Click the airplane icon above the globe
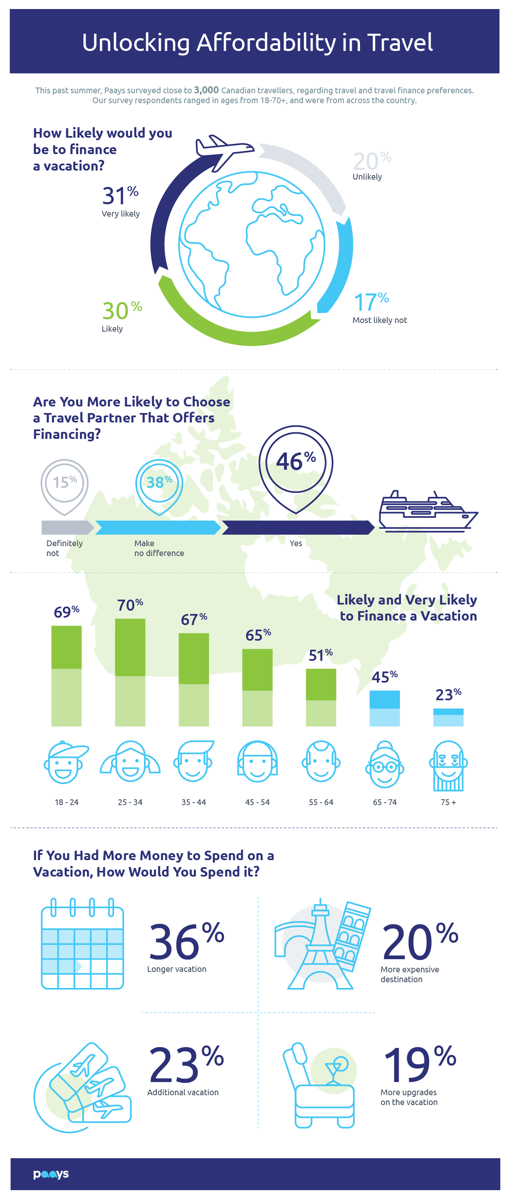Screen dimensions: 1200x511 click(224, 150)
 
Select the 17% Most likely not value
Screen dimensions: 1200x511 click(371, 302)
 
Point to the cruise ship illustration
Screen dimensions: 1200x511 click(427, 512)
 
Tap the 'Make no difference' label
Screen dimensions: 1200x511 click(158, 548)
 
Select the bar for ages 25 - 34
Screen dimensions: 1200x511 click(130, 672)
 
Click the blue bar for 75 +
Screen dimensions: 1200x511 click(448, 717)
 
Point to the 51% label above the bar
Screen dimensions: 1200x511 click(321, 655)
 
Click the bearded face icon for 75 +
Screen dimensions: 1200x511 click(448, 765)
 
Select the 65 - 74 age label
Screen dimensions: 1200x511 click(385, 802)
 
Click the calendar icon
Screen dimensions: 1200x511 click(83, 943)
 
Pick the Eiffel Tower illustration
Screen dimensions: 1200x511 click(320, 945)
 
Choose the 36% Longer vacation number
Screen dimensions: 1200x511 click(186, 942)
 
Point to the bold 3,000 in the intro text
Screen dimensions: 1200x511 click(206, 90)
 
